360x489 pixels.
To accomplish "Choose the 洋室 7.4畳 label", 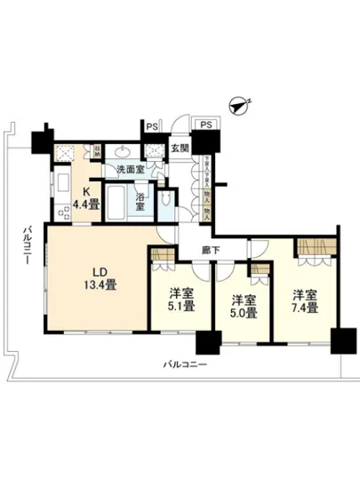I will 303,301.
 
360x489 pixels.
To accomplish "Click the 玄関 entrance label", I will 180,148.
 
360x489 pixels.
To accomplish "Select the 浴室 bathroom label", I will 141,200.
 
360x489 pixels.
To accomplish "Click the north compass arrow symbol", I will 237,106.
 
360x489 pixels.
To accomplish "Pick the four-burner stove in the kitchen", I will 64,212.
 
